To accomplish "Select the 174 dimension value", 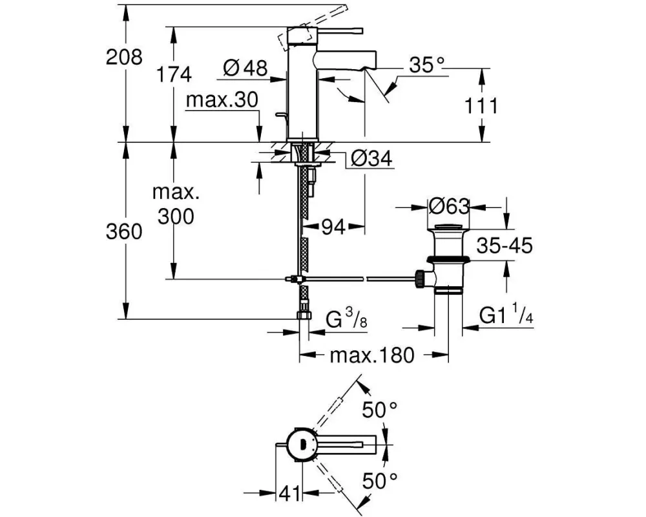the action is pyautogui.click(x=174, y=74).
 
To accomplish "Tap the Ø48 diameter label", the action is pyautogui.click(x=245, y=67).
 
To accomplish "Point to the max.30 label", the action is pyautogui.click(x=222, y=100).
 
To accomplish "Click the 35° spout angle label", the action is pyautogui.click(x=427, y=65).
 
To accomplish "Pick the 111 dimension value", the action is pyautogui.click(x=481, y=106).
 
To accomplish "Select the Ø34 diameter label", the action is pyautogui.click(x=372, y=158).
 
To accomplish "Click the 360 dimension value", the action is pyautogui.click(x=124, y=232).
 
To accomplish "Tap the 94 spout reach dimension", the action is pyautogui.click(x=333, y=226).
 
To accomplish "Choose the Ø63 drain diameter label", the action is pyautogui.click(x=449, y=206).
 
